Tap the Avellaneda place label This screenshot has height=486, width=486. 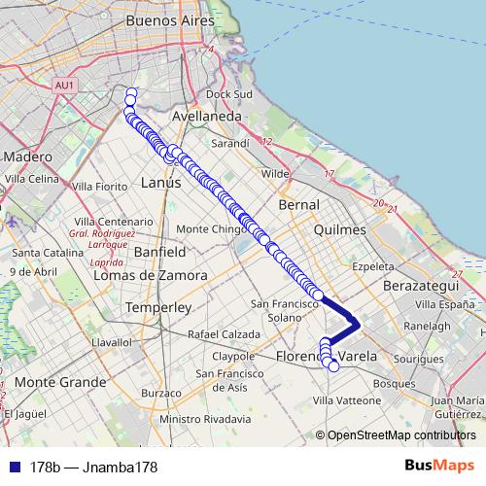click(x=206, y=116)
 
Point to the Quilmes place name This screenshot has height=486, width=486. click(x=341, y=230)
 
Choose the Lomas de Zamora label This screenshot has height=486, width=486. click(x=151, y=275)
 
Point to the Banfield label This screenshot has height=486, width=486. click(x=159, y=251)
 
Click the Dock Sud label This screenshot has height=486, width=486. click(x=229, y=94)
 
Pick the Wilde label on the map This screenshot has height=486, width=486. click(x=276, y=174)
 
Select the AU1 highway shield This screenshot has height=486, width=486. click(x=65, y=86)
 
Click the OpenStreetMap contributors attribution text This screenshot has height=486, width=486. click(x=400, y=436)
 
